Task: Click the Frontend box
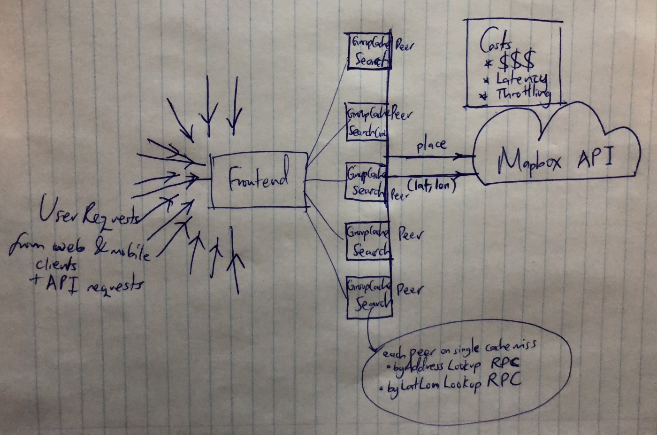[259, 180]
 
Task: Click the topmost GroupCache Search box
[367, 51]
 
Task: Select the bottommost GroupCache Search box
[369, 298]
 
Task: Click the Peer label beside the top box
[405, 47]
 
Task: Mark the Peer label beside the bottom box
[409, 289]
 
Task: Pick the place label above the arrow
[431, 145]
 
